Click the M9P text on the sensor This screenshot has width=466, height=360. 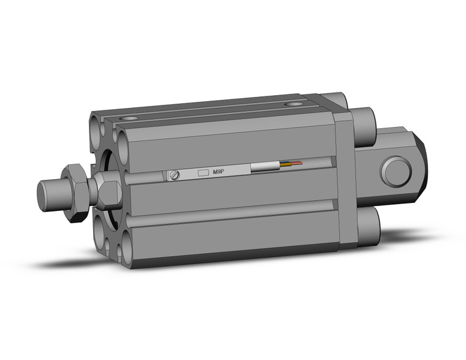point(218,172)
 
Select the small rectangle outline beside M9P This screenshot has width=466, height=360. point(204,174)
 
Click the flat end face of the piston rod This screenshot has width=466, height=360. point(44,196)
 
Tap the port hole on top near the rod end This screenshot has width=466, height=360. point(129,117)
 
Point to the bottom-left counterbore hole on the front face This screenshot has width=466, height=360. point(100,229)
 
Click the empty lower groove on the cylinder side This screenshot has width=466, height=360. point(233,211)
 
